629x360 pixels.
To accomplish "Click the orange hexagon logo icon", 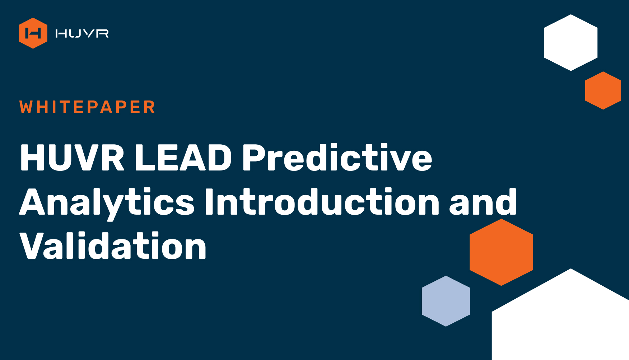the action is coord(33,33).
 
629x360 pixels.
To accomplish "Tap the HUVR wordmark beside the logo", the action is coord(82,33).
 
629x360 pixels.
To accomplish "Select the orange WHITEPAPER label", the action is coord(87,107).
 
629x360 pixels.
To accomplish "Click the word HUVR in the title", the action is coord(72,158).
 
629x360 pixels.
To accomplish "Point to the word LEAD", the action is coord(183,158).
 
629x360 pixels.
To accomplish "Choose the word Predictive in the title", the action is coord(337,157).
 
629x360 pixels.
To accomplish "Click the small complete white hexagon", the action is coord(571,43).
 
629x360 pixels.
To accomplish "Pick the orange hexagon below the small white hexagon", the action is coord(603,90).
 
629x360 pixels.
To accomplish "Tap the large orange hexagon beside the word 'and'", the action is coord(501,252).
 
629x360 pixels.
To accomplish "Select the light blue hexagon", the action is coord(446,301).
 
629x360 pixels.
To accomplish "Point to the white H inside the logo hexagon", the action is coord(33,33).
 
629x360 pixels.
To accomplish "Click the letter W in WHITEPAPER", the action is coord(27,107).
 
